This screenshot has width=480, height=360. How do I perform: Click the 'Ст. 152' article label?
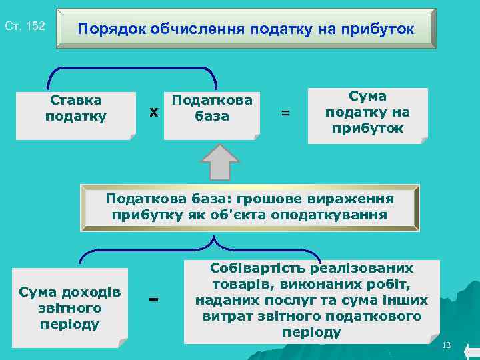pos(25,27)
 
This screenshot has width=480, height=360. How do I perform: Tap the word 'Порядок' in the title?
pos(111,30)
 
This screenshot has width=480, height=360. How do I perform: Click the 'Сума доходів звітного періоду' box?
pos(69,308)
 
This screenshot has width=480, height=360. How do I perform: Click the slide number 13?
pos(447,345)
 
